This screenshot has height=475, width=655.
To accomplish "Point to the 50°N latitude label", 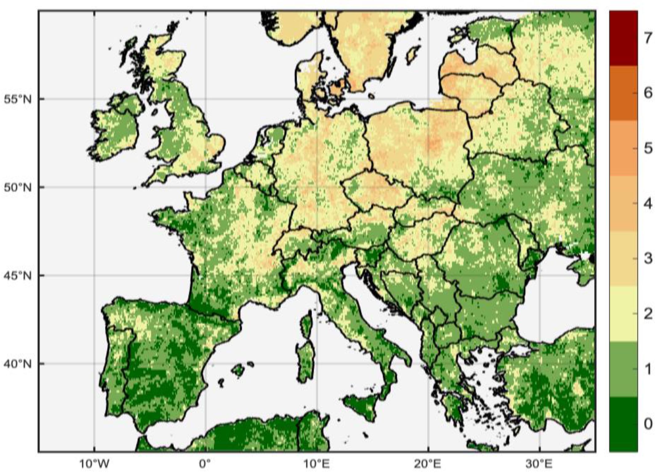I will tap(18, 188).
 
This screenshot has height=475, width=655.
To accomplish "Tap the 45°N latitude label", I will tap(18, 275).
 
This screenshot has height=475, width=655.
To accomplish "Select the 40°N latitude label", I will tap(18, 364).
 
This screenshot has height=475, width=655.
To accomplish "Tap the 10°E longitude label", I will tap(317, 464).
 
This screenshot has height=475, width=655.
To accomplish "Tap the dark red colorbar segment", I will tap(623, 38).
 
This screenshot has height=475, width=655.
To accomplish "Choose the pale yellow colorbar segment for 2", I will tap(623, 314).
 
